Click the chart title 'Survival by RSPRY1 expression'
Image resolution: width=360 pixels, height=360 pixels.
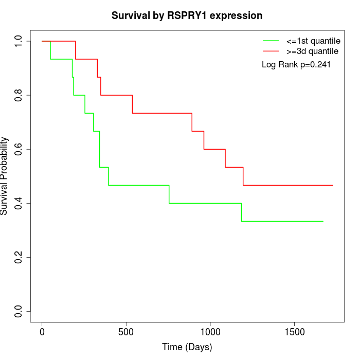point(187,16)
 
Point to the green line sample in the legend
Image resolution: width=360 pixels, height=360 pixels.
point(271,41)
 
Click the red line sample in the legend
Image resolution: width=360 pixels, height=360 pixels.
point(271,51)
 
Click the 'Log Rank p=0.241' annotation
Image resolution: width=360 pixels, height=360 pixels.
point(296,65)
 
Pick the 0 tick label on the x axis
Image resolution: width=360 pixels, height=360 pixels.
point(42,332)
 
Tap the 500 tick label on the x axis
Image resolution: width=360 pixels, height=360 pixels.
point(126,332)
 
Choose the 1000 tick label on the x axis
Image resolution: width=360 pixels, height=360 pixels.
point(210,332)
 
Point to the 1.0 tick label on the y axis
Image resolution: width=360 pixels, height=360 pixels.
point(19,41)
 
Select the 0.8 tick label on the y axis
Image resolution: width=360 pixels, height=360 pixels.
point(19,95)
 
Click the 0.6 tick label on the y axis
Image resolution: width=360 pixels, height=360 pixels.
point(19,149)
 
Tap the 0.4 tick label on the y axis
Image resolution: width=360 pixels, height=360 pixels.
point(19,203)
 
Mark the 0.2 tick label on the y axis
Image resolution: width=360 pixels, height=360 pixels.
point(19,257)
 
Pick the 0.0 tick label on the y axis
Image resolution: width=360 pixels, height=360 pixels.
point(19,311)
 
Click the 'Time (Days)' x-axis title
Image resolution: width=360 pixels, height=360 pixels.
point(187,348)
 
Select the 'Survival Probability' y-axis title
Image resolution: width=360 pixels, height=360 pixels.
point(5,176)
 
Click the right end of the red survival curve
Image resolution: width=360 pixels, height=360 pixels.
point(333,185)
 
